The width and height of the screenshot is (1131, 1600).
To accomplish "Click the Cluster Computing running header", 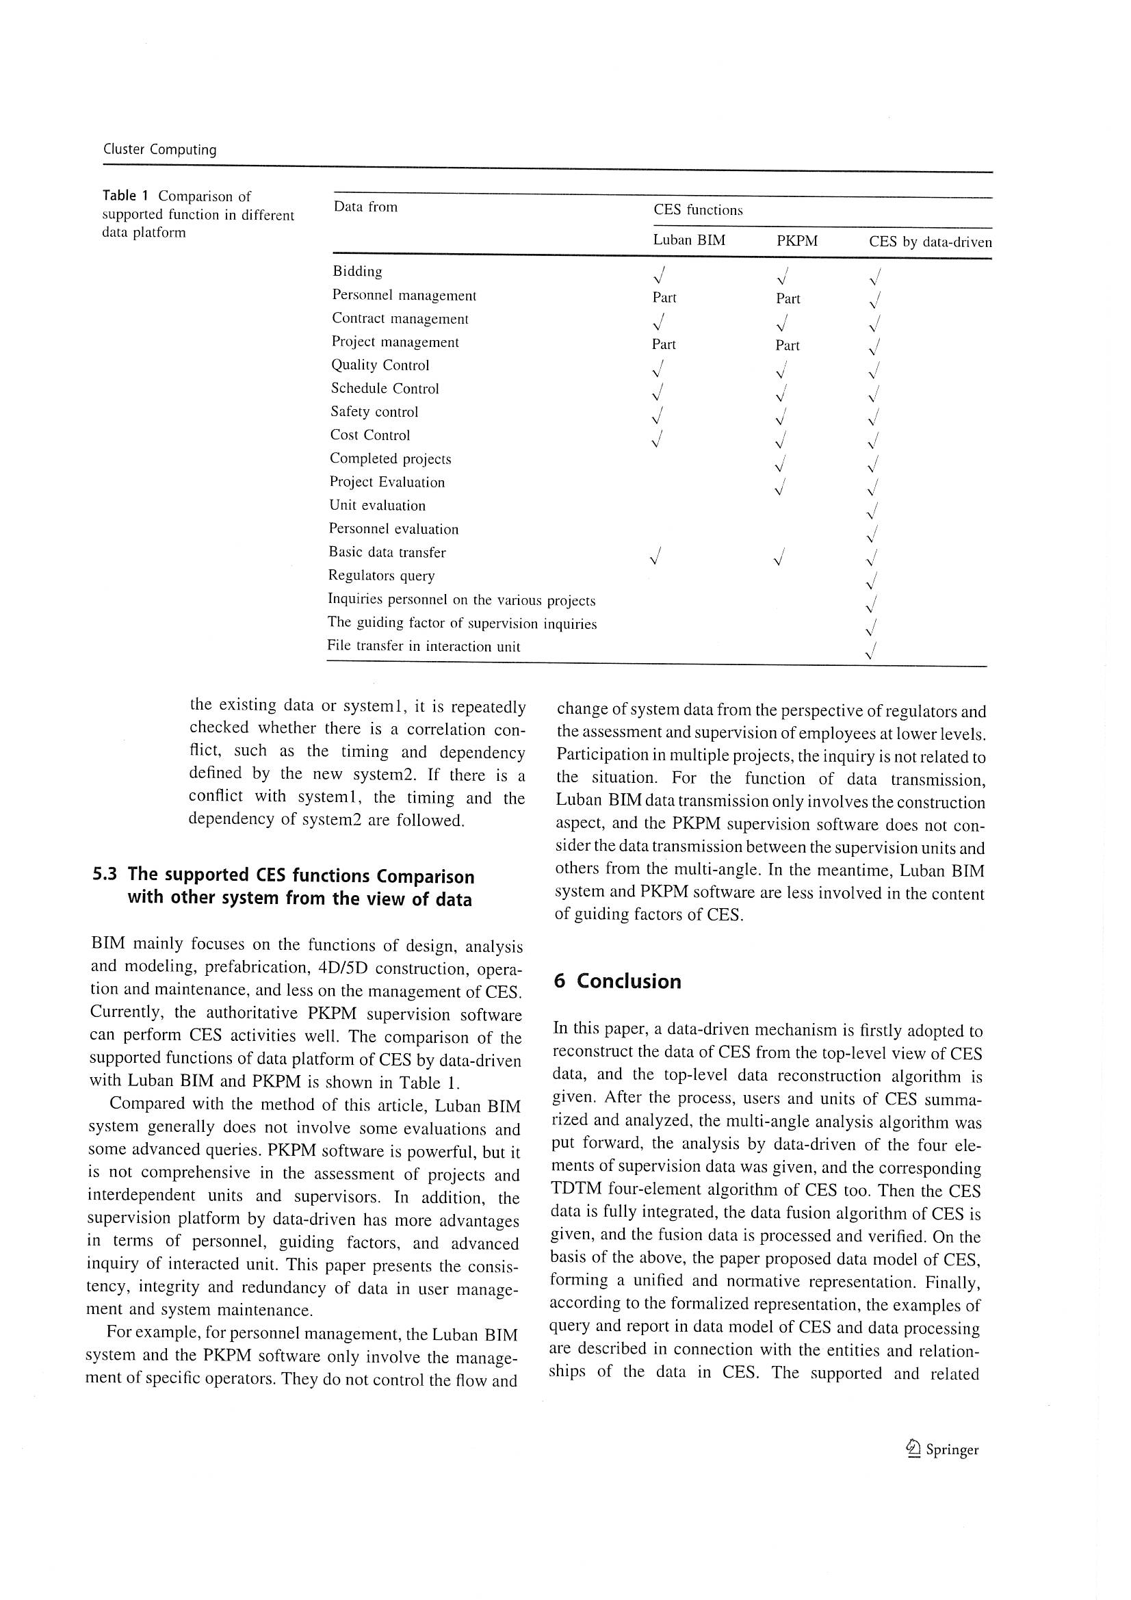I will pos(159,149).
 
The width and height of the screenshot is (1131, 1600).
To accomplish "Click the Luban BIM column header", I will pos(688,240).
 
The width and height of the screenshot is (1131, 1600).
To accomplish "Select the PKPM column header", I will pos(796,241).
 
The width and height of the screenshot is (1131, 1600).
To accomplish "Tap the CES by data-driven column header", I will pos(930,242).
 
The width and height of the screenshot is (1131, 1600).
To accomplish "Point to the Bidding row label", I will pos(356,271).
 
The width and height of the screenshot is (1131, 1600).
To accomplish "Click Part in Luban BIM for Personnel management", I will pos(664,298).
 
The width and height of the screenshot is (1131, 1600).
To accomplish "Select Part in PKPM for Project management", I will pos(788,345).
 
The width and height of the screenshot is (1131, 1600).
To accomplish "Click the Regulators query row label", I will pos(381,576).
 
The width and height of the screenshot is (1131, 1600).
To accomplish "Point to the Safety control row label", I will pos(374,412).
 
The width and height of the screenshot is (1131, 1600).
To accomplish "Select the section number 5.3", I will pos(105,875).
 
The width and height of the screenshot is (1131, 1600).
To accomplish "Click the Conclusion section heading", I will pos(629,981).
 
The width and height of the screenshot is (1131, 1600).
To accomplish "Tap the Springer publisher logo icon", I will pos(913,1449).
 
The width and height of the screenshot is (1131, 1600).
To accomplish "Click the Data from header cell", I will pos(365,207).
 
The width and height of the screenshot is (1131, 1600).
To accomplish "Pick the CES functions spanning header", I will pos(698,210).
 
